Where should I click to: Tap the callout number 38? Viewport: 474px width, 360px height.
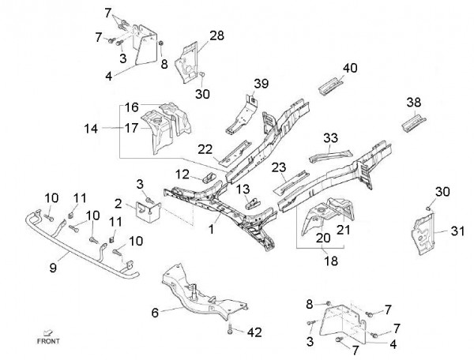coord(412,102)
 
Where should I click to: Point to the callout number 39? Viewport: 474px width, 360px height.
coord(261,84)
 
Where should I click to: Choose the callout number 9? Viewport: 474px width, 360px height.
coord(54,268)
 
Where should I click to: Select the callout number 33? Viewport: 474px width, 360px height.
coord(331,137)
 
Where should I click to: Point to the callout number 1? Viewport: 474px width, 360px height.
coord(211,229)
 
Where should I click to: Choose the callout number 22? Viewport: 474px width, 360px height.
coord(205,149)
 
